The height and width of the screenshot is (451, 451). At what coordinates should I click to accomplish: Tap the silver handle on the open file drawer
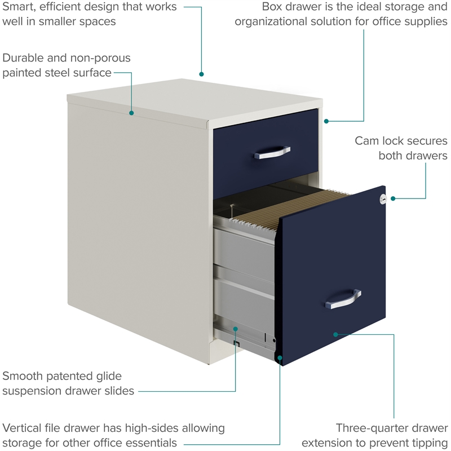point(343,299)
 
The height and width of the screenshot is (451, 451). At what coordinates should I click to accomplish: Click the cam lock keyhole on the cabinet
point(383,198)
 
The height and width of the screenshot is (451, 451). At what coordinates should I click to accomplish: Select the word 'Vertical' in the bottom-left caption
point(25,428)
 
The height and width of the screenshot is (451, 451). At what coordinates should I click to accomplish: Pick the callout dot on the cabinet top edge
point(131,113)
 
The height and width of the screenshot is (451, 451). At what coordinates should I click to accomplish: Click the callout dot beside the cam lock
point(393,198)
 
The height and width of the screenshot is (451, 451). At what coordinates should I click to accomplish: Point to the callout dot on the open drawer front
point(335,334)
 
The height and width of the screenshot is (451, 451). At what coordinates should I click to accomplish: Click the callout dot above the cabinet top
point(201,74)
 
